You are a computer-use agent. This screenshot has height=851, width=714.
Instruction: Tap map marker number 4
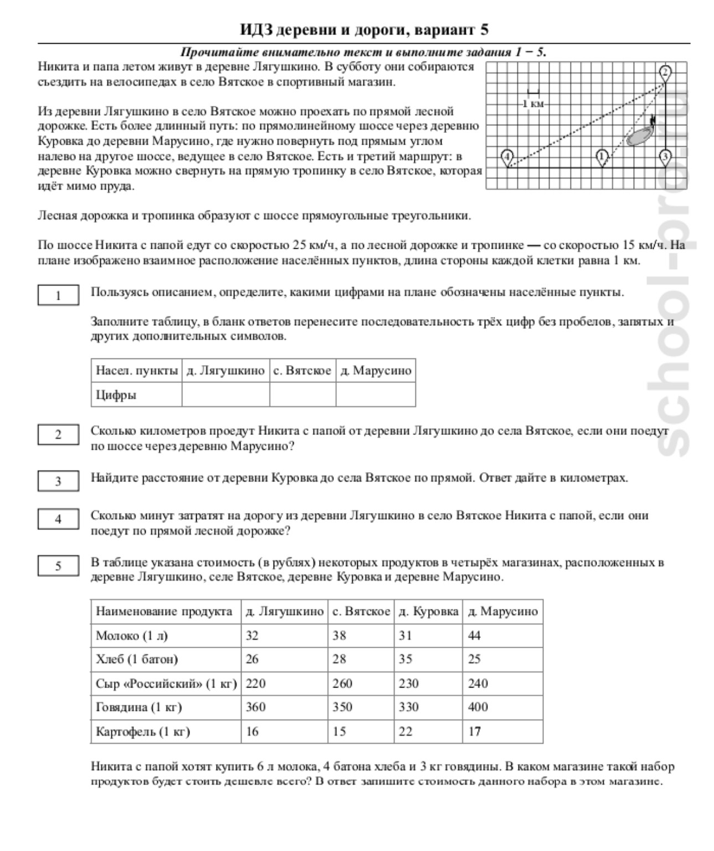507,157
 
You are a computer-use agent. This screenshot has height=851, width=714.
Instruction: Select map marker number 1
602,157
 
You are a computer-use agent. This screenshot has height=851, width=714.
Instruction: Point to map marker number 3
665,157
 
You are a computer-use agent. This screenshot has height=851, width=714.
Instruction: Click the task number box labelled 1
58,295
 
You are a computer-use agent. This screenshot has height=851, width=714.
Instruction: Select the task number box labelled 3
58,481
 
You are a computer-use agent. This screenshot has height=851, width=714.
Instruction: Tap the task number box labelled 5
58,566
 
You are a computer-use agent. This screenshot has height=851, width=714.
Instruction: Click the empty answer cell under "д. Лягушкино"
225,395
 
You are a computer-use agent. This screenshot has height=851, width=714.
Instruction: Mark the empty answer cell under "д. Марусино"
376,395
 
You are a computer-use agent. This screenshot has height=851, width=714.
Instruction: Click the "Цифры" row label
116,395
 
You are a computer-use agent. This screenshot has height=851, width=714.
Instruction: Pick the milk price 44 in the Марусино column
475,635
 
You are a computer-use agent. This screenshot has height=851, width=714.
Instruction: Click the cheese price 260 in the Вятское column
342,683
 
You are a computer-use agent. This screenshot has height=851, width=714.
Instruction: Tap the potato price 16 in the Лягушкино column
252,731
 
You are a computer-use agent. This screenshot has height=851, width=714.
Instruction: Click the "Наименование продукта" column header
164,611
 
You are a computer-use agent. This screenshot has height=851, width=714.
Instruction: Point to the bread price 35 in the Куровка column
405,659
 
